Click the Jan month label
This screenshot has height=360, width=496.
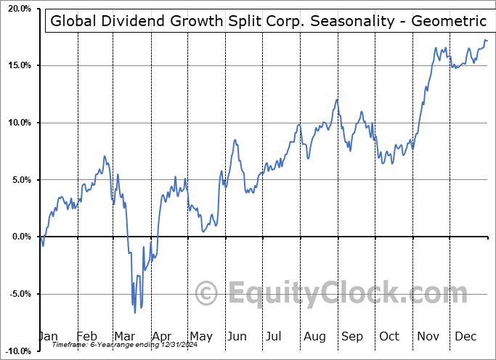click(48, 336)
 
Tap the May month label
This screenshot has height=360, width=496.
click(200, 336)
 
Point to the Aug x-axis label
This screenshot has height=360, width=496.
click(314, 336)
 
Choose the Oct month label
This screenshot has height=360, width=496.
click(390, 336)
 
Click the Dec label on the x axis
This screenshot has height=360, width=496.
click(465, 336)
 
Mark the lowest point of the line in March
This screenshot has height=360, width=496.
click(135, 313)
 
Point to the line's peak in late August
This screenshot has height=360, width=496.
click(337, 99)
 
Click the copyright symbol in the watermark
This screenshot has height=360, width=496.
click(207, 293)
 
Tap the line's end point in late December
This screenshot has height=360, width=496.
click(487, 41)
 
